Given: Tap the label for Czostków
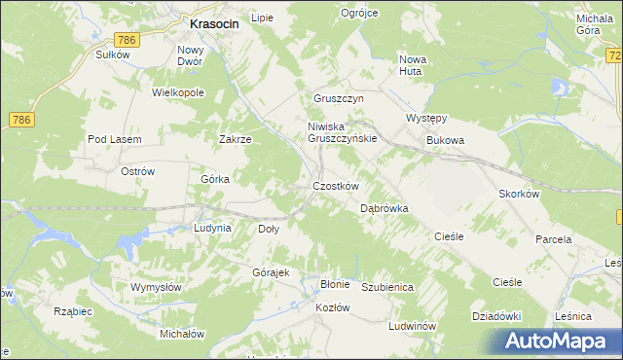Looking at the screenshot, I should (x=336, y=186).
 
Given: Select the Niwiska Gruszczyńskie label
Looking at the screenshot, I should (x=342, y=132).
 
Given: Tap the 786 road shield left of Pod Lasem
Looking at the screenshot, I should (x=21, y=119).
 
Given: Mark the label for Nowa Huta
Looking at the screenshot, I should (x=413, y=64).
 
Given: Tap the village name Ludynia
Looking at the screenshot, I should (x=212, y=228).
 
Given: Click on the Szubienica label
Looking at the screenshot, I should (x=388, y=288).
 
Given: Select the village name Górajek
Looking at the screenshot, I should (x=272, y=272).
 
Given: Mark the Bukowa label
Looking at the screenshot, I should (x=446, y=140).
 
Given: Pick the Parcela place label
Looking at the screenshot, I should (x=554, y=238).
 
